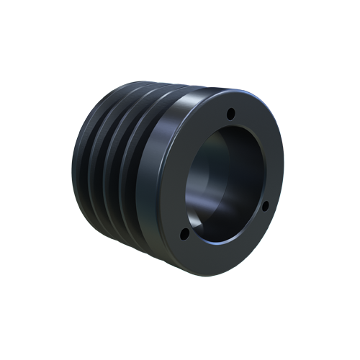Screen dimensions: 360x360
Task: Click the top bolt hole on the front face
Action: pos(230,114)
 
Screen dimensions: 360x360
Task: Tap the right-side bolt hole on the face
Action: pos(264,207)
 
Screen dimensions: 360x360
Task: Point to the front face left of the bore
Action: pos(173,180)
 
